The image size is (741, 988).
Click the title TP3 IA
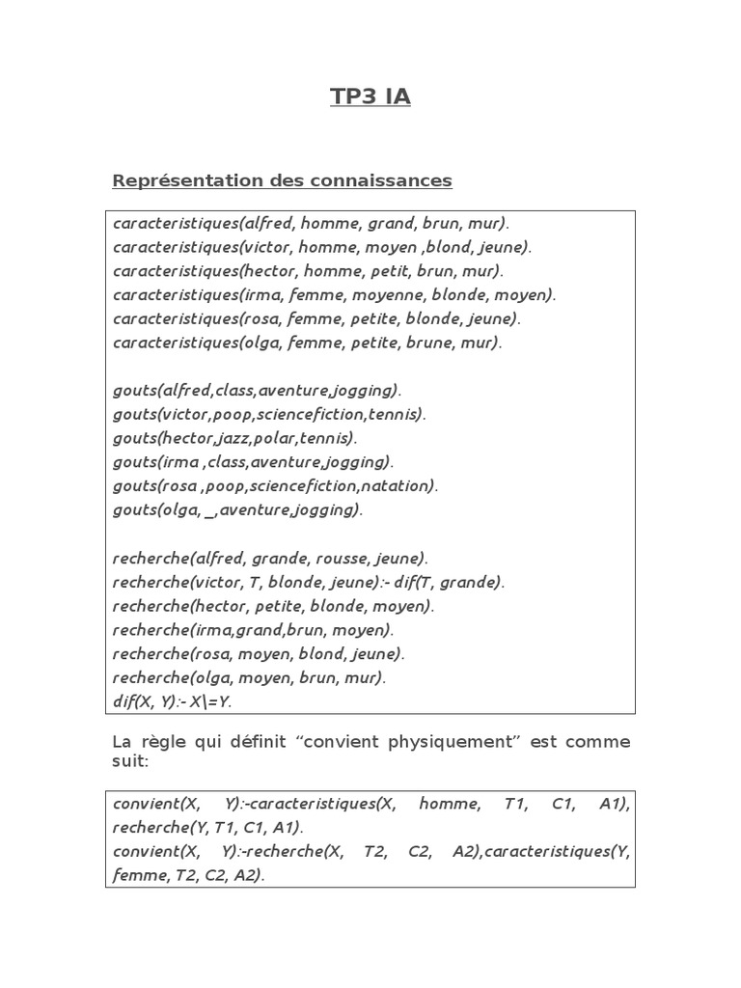click(x=370, y=96)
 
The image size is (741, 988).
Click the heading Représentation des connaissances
click(x=282, y=180)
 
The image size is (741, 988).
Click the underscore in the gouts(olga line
click(x=209, y=510)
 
